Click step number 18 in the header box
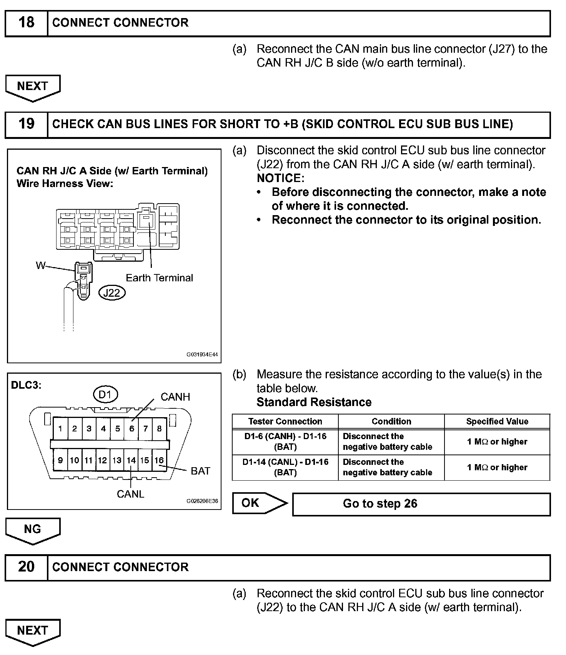pos(26,23)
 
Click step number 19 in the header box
pos(26,124)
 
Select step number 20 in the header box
pos(26,566)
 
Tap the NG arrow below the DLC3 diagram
pos(33,530)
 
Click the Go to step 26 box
pos(421,504)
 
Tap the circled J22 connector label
pos(112,293)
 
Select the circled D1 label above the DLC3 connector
pos(105,394)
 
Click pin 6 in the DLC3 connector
pos(132,429)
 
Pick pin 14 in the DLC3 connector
pos(131,460)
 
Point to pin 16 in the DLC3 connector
pos(159,460)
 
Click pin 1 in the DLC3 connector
pos(60,429)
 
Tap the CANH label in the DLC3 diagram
pos(175,397)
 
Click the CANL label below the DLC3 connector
pos(130,494)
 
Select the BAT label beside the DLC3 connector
pos(200,471)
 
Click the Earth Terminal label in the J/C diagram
pos(159,278)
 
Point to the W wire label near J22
pos(40,265)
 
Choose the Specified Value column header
pos(497,421)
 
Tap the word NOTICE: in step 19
pos(280,178)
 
